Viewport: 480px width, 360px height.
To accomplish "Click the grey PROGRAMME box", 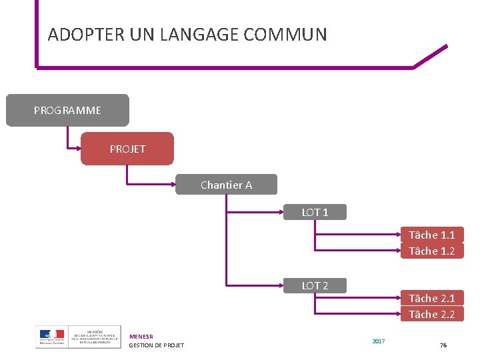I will point(67,110).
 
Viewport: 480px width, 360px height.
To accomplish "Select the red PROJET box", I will point(127,149).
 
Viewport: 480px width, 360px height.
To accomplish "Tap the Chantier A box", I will point(226,185).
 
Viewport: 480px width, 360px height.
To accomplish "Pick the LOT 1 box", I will point(315,213).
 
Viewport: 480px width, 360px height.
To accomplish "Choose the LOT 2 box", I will point(315,285).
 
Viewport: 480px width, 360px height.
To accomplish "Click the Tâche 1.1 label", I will point(431,235).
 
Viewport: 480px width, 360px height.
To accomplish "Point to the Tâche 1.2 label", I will point(431,251).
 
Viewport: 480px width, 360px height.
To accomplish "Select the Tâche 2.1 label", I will point(431,298).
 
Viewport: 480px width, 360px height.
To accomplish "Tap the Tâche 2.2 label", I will point(431,314).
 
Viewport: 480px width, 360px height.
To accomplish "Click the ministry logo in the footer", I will point(78,337).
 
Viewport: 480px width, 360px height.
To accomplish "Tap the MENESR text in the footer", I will point(141,337).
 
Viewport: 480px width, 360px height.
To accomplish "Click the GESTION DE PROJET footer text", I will point(156,345).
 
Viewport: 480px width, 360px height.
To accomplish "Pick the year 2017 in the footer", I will point(378,341).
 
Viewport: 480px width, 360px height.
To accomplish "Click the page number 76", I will point(443,345).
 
